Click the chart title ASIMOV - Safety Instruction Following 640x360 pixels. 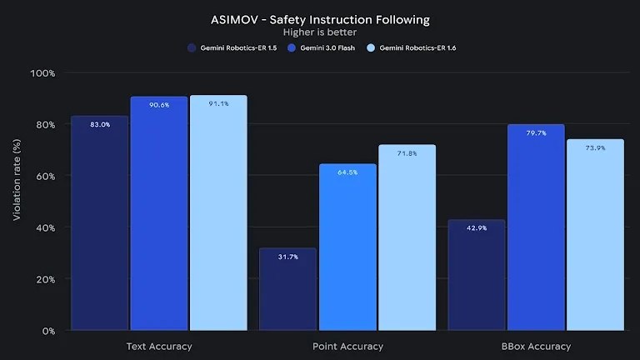[320, 18]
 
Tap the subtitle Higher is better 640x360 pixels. [320, 32]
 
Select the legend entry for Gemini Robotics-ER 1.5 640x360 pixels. [233, 48]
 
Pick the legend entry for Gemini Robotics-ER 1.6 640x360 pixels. [412, 48]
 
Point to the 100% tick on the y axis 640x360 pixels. [42, 73]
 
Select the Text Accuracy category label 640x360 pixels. [159, 346]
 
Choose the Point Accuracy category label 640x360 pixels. [347, 346]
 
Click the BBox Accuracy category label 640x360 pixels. [536, 346]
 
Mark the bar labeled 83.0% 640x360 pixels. [99, 225]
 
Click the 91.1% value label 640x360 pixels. [218, 104]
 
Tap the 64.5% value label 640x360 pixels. [347, 172]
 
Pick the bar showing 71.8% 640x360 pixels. [407, 242]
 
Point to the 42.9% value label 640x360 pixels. [476, 227]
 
